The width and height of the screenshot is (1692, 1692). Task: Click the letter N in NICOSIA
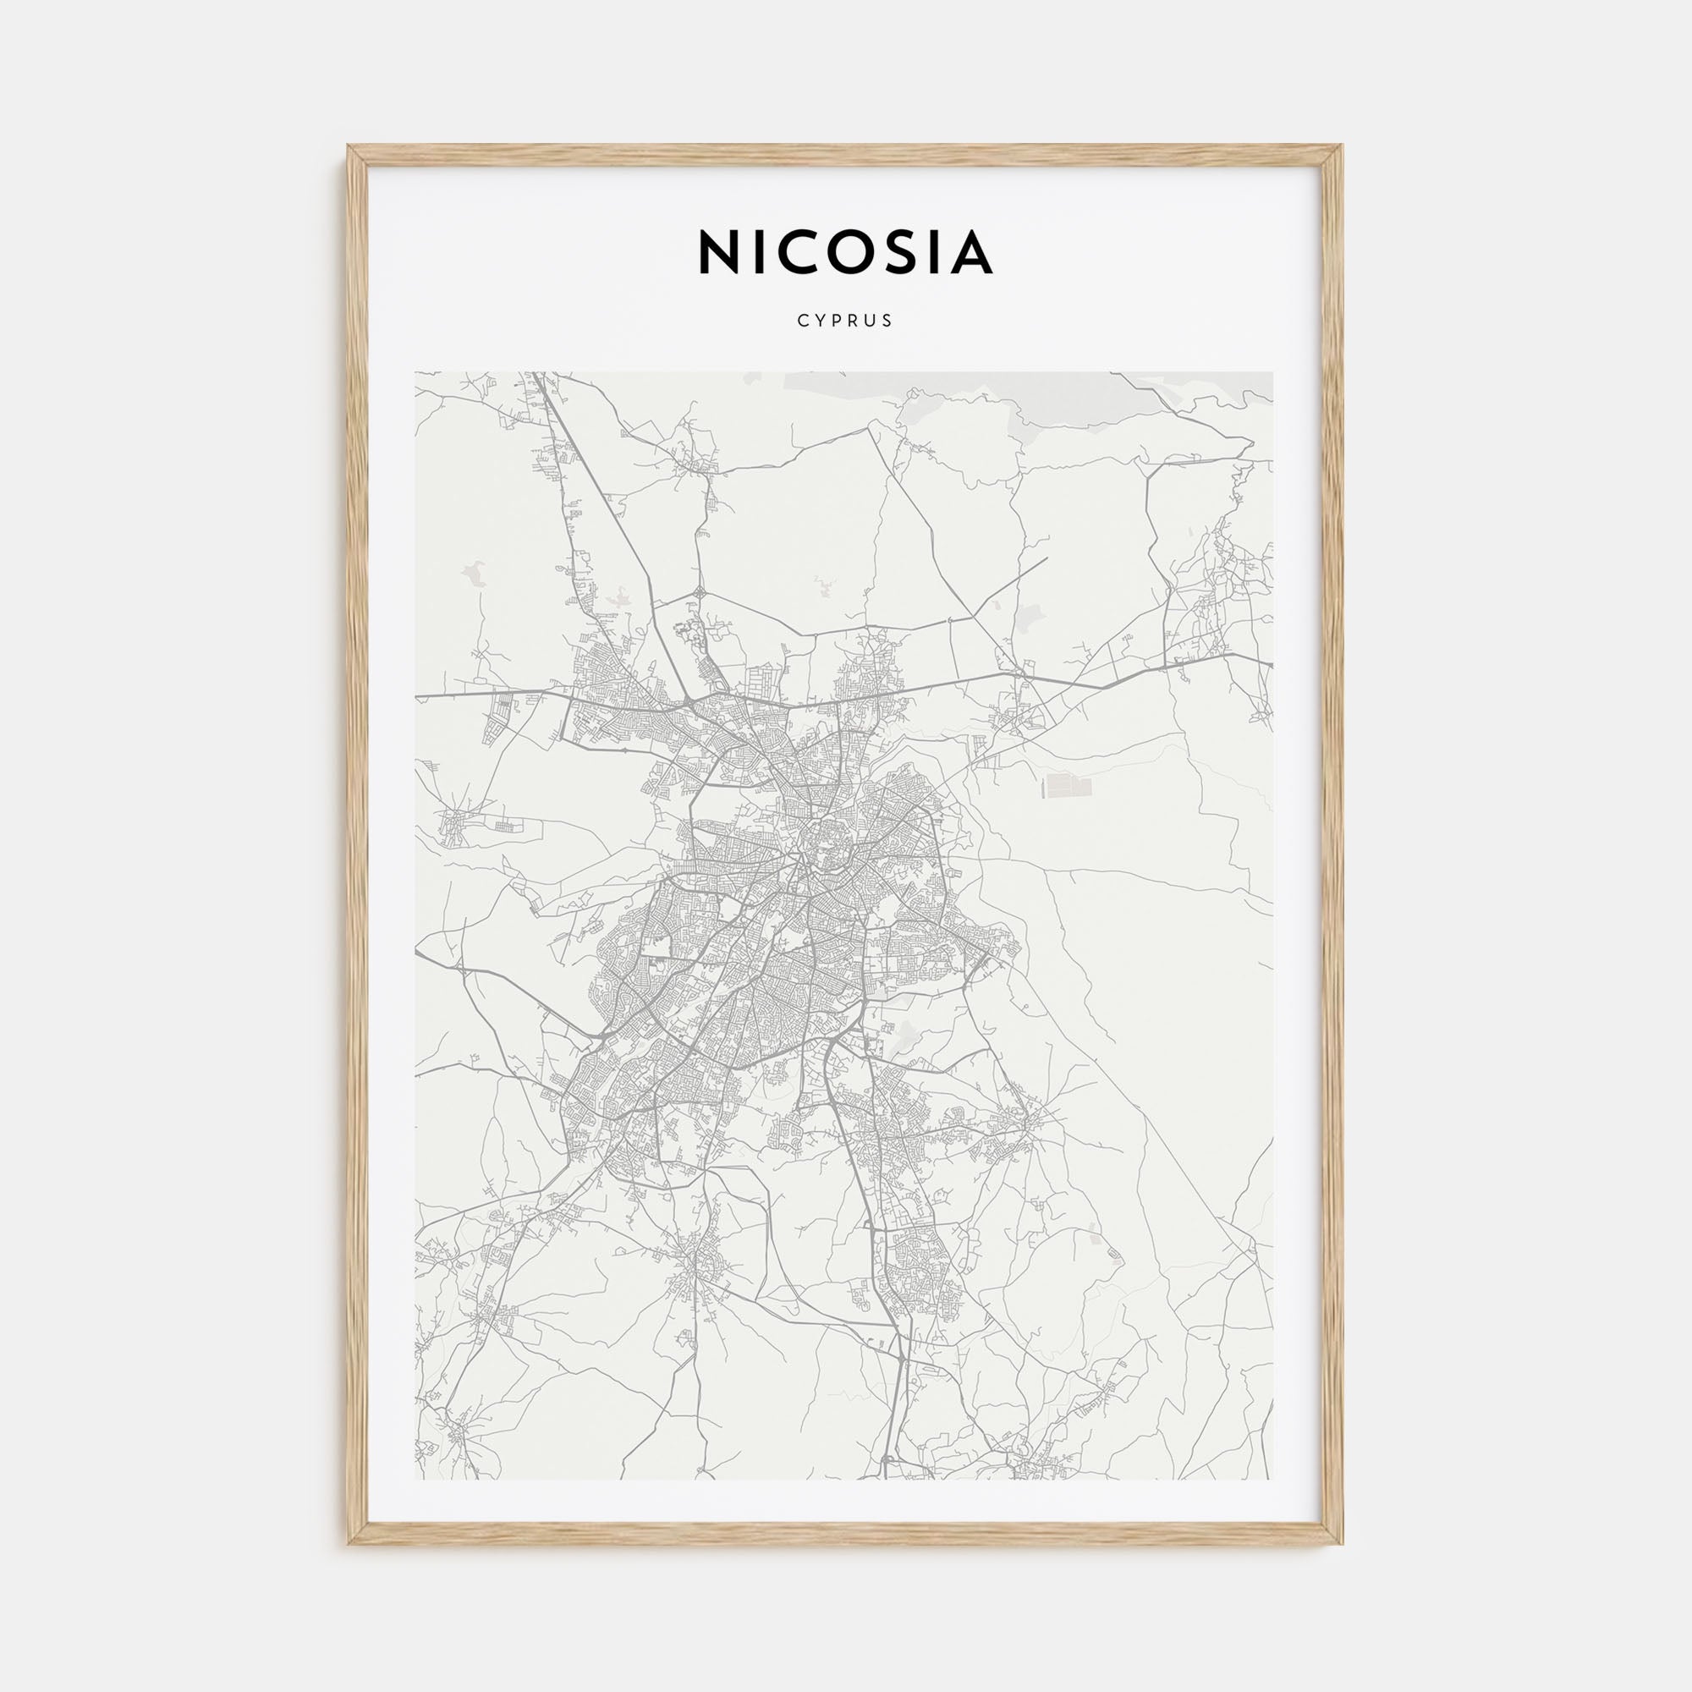[x=720, y=253]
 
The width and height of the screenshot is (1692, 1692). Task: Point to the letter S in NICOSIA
[x=898, y=253]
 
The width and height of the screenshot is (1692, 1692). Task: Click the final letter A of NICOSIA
[x=969, y=253]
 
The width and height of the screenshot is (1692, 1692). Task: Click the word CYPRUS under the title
[x=845, y=321]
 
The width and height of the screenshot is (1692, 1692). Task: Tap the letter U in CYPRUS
[x=871, y=321]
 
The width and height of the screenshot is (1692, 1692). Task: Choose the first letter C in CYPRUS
[x=802, y=321]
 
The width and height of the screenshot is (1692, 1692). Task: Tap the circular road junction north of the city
[x=700, y=592]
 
